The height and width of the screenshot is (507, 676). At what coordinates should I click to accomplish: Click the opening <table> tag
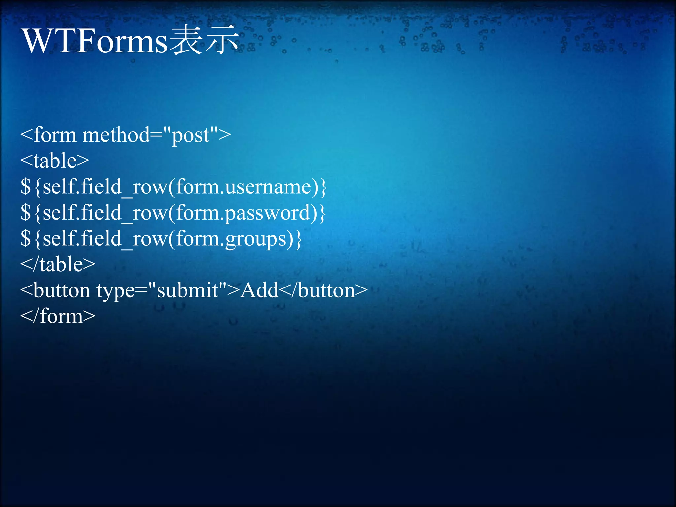pyautogui.click(x=55, y=161)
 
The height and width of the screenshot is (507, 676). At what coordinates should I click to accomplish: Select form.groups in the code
pyautogui.click(x=231, y=239)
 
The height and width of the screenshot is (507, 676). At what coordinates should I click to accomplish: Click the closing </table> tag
pyautogui.click(x=58, y=264)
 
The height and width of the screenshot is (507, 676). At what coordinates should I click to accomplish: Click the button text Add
pyautogui.click(x=259, y=290)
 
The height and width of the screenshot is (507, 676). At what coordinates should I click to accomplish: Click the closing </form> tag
pyautogui.click(x=58, y=316)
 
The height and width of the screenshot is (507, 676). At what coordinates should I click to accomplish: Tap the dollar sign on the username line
pyautogui.click(x=26, y=187)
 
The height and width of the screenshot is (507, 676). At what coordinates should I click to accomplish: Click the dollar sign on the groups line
pyautogui.click(x=26, y=239)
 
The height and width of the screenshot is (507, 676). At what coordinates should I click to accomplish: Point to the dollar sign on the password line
pyautogui.click(x=26, y=213)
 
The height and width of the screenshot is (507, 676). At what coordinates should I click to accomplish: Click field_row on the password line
pyautogui.click(x=124, y=213)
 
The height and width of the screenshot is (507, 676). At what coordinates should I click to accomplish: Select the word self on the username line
pyautogui.click(x=59, y=187)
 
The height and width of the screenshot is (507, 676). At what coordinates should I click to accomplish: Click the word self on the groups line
pyautogui.click(x=59, y=239)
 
